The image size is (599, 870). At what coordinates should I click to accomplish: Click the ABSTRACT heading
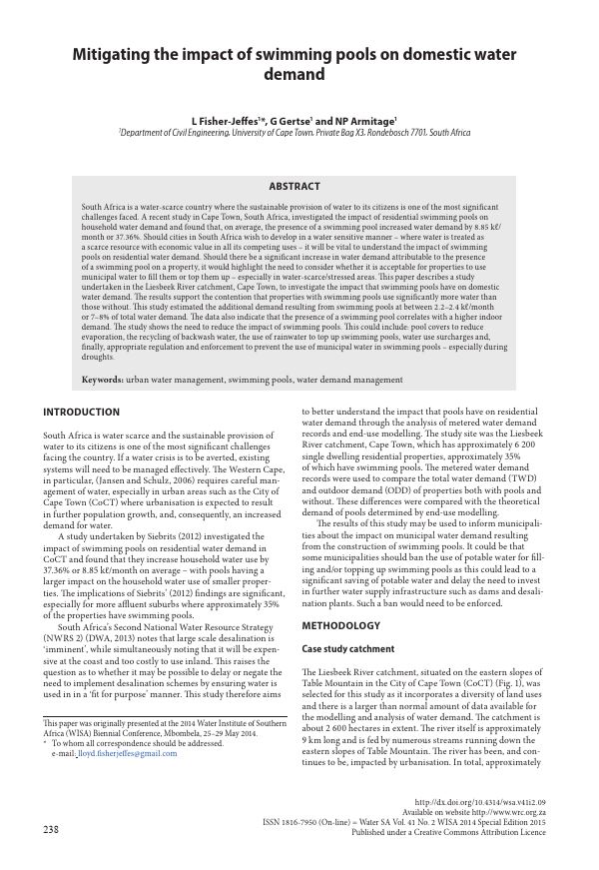tap(295, 186)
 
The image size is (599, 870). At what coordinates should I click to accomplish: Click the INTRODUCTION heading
tap(81, 413)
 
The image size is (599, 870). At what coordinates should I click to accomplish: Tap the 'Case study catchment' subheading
tap(349, 649)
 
